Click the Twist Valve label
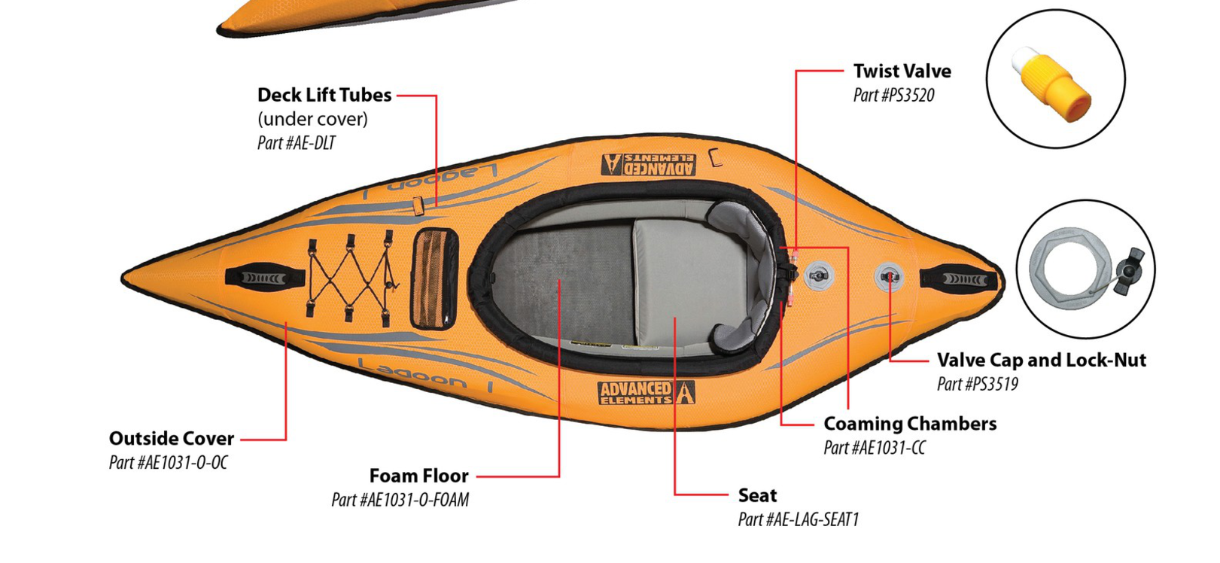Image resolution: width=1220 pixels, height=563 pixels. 902,72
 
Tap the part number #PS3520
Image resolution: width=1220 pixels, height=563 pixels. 893,96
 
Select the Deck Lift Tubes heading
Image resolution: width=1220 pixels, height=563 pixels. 324,96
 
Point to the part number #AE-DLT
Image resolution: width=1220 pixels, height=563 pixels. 297,143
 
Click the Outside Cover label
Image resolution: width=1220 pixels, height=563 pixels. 172,439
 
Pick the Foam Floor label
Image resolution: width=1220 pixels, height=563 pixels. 418,476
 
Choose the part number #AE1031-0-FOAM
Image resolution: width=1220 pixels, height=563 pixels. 400,501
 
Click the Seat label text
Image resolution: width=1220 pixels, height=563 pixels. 757,496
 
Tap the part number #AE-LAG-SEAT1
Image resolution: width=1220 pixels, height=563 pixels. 798,520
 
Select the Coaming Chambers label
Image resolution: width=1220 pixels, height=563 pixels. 910,425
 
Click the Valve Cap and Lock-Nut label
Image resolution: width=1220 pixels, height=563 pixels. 1041,361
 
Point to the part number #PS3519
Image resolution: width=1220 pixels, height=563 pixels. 977,385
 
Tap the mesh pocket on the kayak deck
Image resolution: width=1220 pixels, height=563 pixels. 434,278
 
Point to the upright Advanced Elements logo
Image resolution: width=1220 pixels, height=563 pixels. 646,392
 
